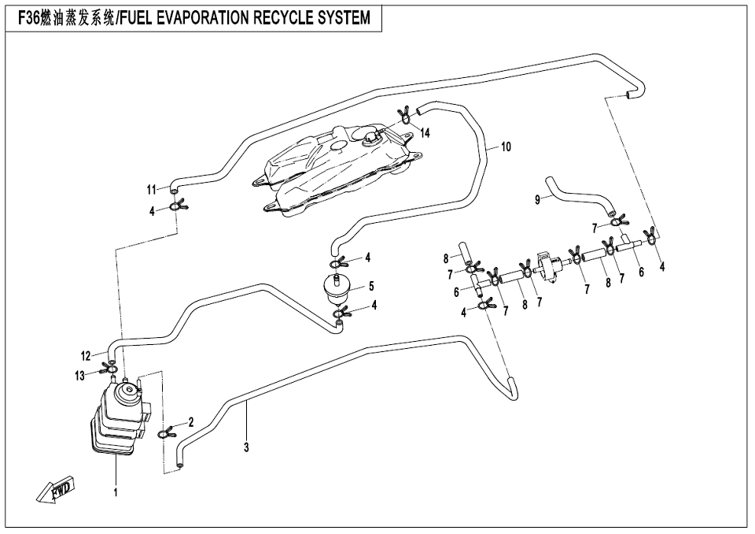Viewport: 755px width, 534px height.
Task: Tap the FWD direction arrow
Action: pos(54,490)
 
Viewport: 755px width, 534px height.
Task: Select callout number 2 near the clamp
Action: pos(191,421)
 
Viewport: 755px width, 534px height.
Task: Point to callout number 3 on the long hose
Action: pos(246,447)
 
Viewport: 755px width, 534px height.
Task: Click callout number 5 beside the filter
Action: pos(370,286)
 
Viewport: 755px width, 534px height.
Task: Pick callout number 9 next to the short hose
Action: pos(537,200)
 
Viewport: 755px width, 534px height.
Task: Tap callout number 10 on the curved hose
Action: pos(506,146)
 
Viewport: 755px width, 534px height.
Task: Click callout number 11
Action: pos(152,189)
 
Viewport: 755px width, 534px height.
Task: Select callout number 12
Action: pos(86,354)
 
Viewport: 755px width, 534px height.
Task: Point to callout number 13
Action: pos(80,376)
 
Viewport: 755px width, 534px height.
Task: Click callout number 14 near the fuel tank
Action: pos(425,133)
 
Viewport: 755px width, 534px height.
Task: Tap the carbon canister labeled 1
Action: pos(118,421)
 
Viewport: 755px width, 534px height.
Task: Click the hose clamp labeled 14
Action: pos(405,117)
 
